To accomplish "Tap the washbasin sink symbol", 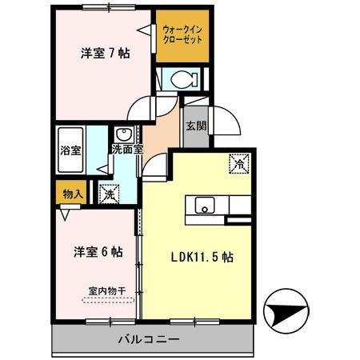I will (x=124, y=134).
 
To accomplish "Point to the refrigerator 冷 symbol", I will (x=240, y=162).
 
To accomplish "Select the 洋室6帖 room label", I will (x=97, y=251).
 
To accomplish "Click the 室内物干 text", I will (x=106, y=291).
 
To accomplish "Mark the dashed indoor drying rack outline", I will (x=106, y=301).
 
